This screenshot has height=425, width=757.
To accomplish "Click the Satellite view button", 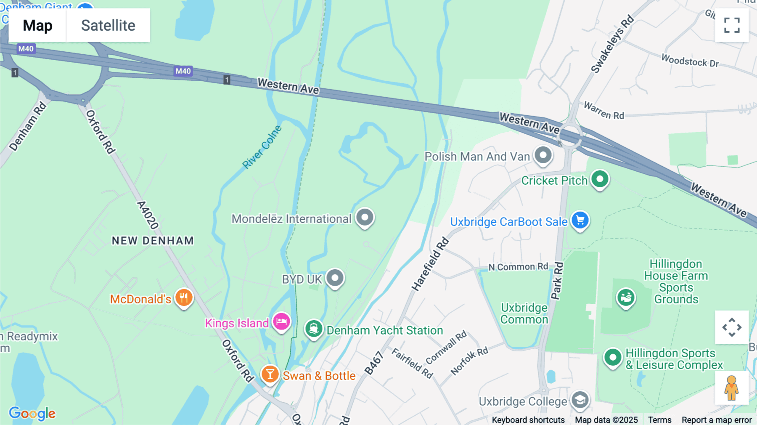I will click(108, 25).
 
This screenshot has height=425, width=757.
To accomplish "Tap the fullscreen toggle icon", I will click(732, 25).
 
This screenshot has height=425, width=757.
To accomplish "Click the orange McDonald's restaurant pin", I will click(184, 297).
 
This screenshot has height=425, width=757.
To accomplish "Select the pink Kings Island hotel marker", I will click(281, 322).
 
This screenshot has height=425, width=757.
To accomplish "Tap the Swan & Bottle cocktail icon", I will click(270, 374).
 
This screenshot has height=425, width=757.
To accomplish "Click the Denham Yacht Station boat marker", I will click(314, 329).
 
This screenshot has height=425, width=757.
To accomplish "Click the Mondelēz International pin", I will click(365, 218).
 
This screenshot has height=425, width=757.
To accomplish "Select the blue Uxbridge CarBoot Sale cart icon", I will click(580, 220).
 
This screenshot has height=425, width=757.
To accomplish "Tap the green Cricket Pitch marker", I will click(600, 179).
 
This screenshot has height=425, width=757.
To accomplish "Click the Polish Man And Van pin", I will click(543, 155).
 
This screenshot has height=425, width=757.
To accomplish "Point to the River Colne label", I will click(262, 147).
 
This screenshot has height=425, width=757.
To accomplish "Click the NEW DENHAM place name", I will click(153, 241).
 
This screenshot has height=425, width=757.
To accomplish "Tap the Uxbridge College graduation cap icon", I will click(580, 400).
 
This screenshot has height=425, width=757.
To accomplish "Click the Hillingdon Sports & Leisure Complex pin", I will click(613, 358).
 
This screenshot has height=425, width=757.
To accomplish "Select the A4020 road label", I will click(148, 215).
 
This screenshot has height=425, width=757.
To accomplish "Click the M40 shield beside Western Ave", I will click(183, 71).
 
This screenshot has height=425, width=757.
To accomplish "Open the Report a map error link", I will click(717, 420).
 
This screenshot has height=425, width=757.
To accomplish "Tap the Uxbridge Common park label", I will click(524, 313).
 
